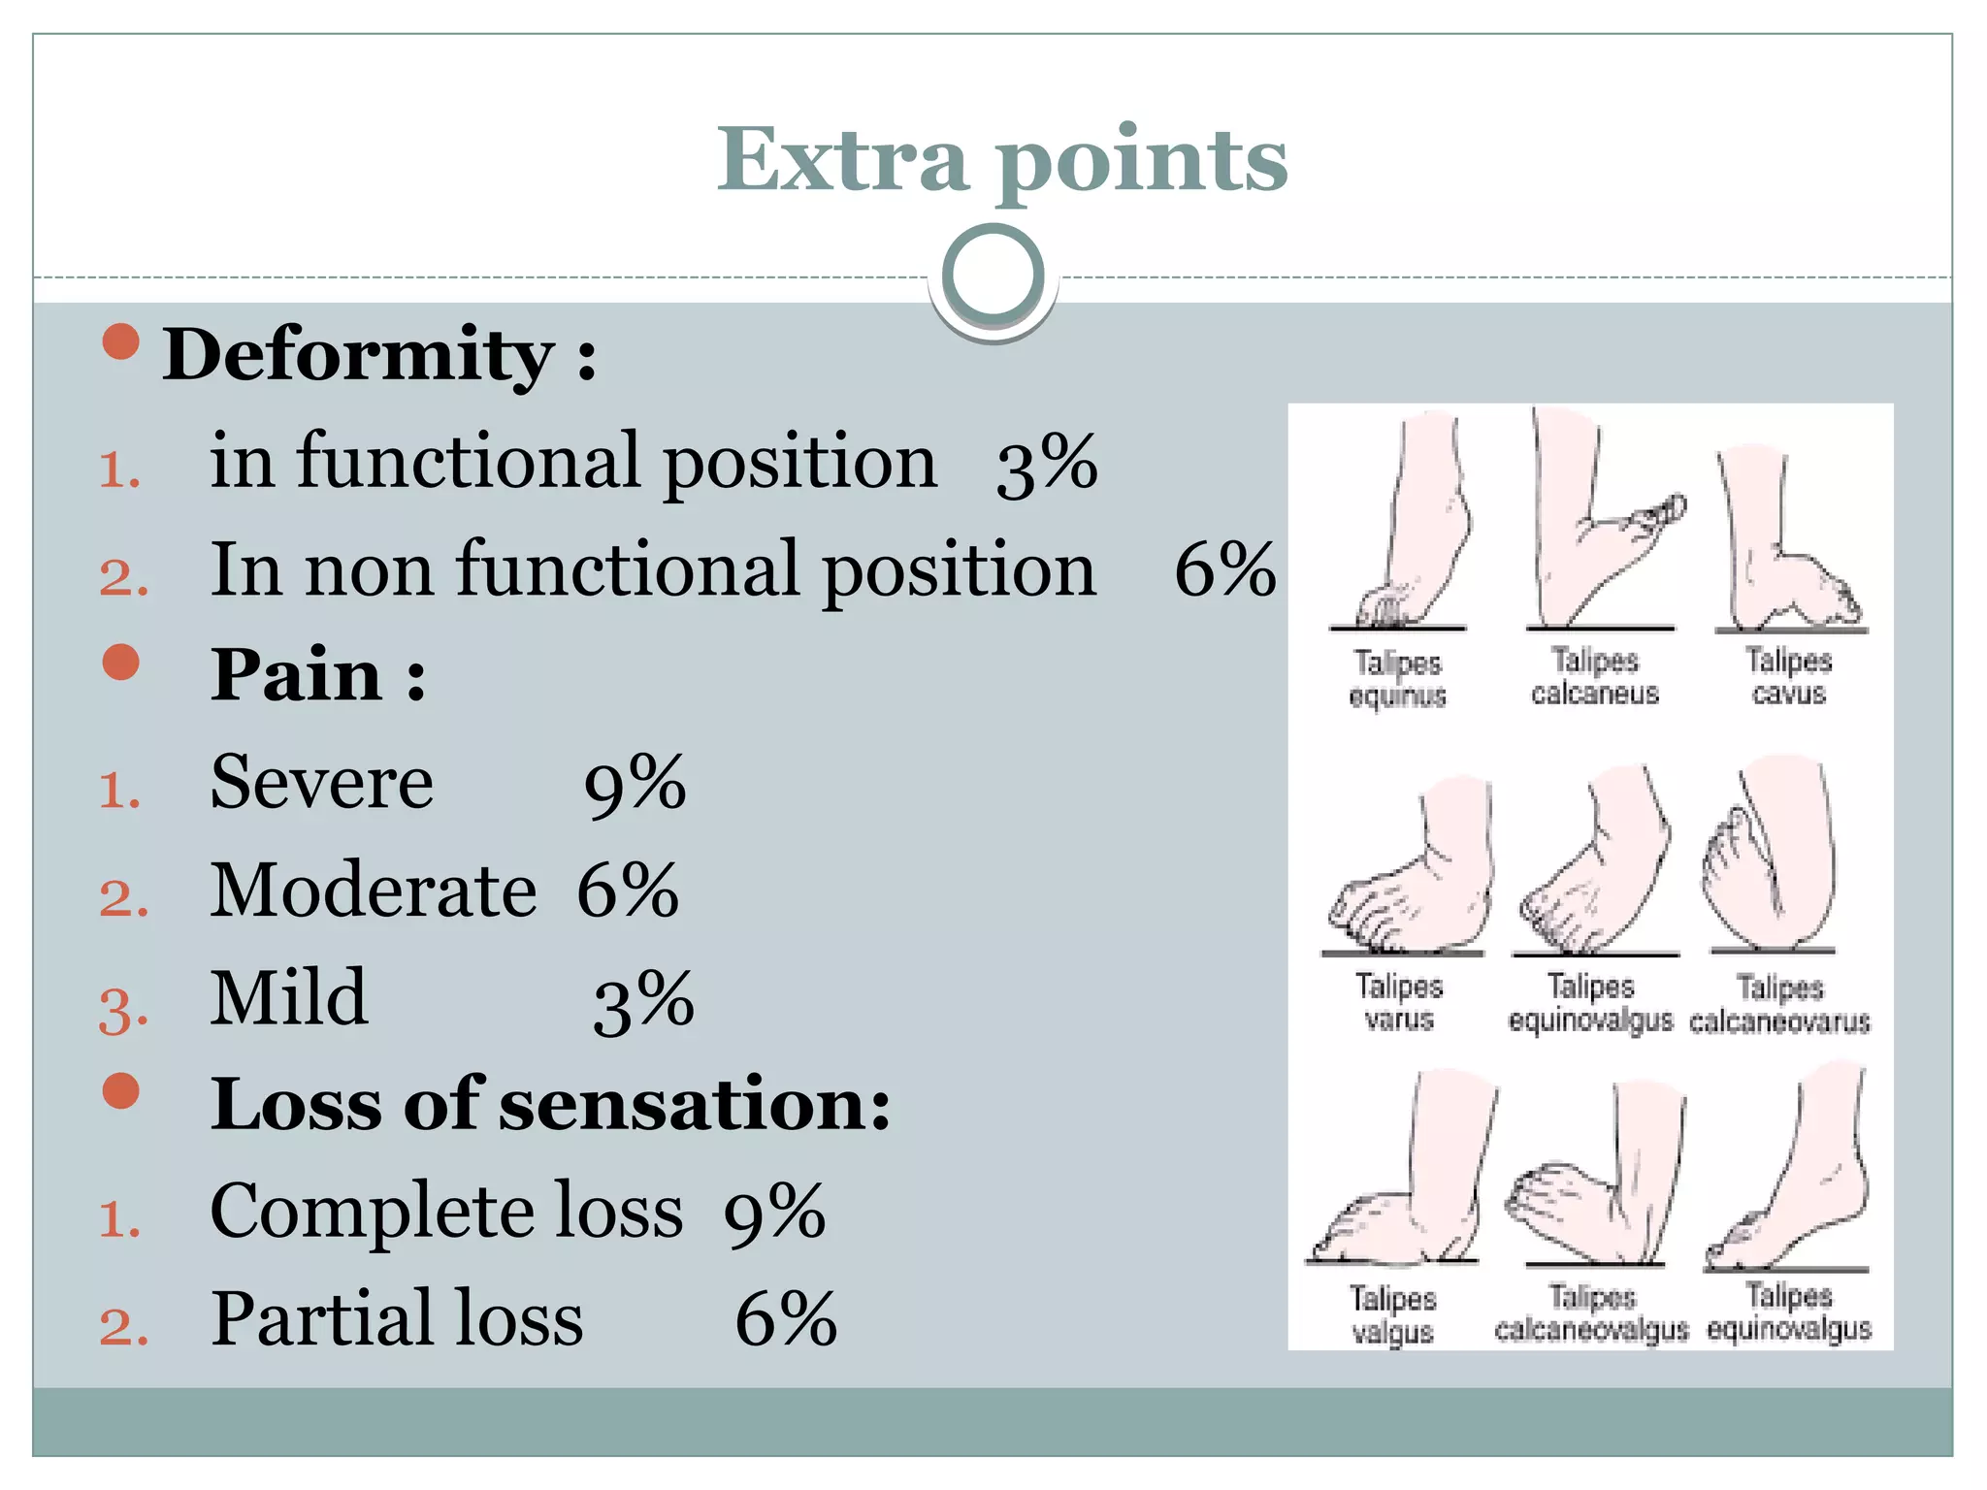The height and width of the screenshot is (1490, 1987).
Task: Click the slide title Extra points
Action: pos(1001,160)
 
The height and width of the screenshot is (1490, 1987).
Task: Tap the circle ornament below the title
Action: pos(993,275)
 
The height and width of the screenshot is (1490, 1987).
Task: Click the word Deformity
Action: pos(358,355)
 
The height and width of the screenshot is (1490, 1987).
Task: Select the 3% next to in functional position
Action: pos(1046,464)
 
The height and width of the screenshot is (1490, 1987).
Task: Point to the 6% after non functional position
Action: pos(1224,570)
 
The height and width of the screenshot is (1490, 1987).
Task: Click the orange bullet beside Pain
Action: pos(121,663)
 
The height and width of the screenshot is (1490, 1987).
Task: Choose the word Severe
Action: pos(321,782)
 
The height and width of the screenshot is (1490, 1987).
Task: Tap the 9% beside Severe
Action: pos(635,784)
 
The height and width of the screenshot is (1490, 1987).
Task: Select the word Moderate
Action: pos(374,891)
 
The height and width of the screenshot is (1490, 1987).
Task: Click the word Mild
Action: pos(289,998)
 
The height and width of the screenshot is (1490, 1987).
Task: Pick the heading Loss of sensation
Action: pos(549,1105)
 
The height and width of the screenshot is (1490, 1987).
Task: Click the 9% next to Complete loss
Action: pos(774,1213)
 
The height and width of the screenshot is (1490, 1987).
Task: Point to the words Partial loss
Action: pos(397,1319)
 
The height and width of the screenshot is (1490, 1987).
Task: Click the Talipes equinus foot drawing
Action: pos(1407,529)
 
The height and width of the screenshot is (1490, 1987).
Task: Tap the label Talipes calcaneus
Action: pos(1594,676)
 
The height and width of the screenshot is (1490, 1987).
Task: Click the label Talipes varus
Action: pos(1398,1002)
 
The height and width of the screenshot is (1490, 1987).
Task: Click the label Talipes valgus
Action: pos(1392,1314)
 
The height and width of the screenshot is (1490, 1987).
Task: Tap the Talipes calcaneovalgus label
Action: pos(1591,1312)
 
